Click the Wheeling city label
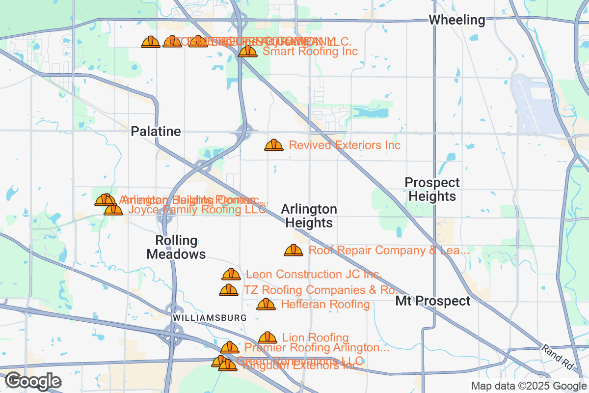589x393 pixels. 456,20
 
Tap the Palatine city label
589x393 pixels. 156,132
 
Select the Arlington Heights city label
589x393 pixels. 309,216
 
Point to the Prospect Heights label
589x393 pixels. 432,190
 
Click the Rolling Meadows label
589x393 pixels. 176,248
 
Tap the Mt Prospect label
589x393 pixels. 433,301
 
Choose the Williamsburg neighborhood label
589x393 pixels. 209,318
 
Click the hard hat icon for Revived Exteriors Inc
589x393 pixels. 274,145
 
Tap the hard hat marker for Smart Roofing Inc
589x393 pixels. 247,51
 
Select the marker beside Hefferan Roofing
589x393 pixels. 266,305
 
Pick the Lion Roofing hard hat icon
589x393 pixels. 268,337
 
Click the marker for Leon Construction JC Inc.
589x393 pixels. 231,274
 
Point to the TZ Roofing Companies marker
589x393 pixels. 229,290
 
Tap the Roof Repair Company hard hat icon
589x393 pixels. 294,251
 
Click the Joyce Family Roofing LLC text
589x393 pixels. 197,209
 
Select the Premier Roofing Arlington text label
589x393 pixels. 317,348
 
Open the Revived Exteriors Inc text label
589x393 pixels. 345,145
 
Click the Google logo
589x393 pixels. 33,381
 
